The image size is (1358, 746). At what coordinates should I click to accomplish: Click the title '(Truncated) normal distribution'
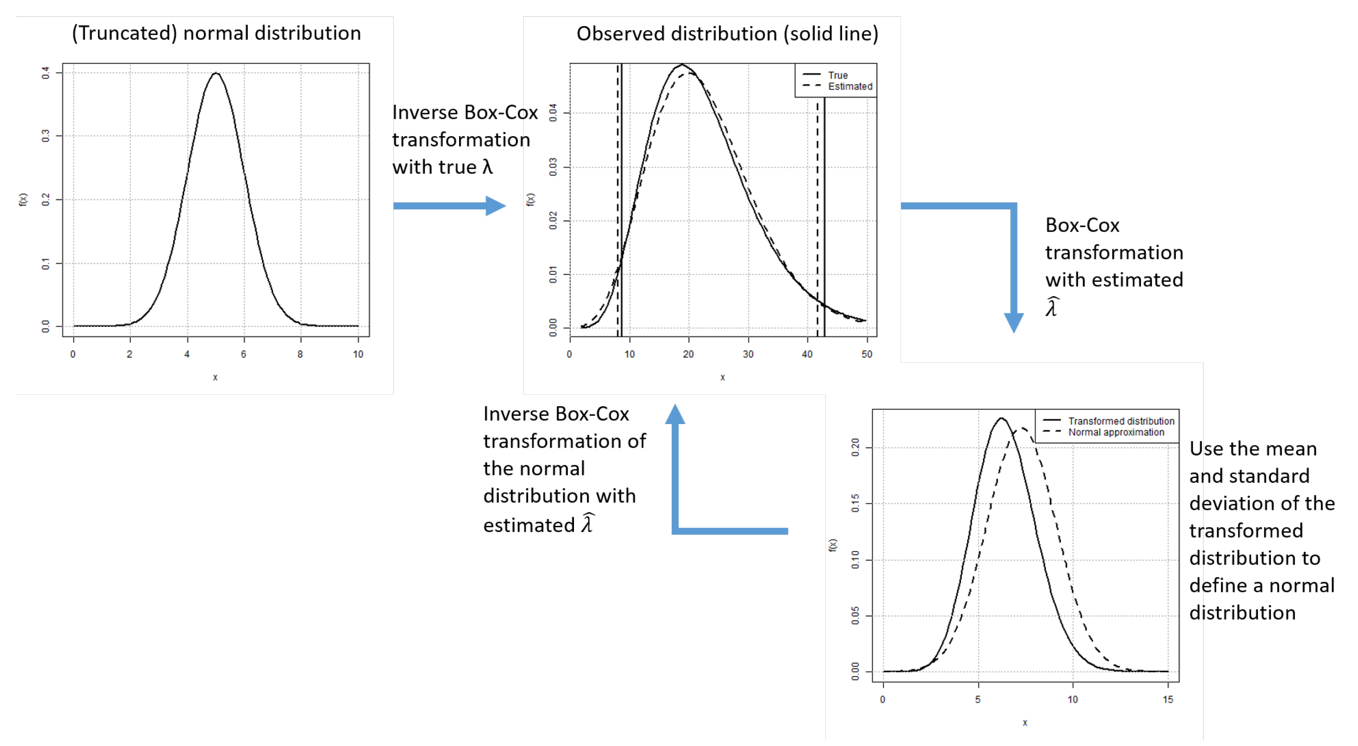(216, 33)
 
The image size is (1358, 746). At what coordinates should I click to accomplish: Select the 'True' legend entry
(838, 75)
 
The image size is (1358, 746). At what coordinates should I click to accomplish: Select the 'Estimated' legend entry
(850, 86)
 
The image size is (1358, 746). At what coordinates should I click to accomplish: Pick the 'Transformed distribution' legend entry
(1121, 421)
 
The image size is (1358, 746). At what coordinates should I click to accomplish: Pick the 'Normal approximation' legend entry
(1116, 432)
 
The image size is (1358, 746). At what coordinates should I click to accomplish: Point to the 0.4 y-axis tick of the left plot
(46, 73)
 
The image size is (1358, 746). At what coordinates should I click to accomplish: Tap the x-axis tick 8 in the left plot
(300, 354)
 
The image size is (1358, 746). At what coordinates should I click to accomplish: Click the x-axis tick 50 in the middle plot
(867, 354)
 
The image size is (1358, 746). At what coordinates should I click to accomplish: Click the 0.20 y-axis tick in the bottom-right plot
(855, 447)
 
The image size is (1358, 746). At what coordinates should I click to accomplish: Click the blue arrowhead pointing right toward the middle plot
(495, 205)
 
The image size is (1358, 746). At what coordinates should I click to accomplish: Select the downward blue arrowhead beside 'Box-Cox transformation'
(1013, 322)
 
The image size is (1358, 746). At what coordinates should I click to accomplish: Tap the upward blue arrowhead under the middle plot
(675, 414)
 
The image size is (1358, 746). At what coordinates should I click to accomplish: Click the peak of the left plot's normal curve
(215, 73)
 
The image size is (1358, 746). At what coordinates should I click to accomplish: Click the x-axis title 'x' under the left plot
(215, 377)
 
